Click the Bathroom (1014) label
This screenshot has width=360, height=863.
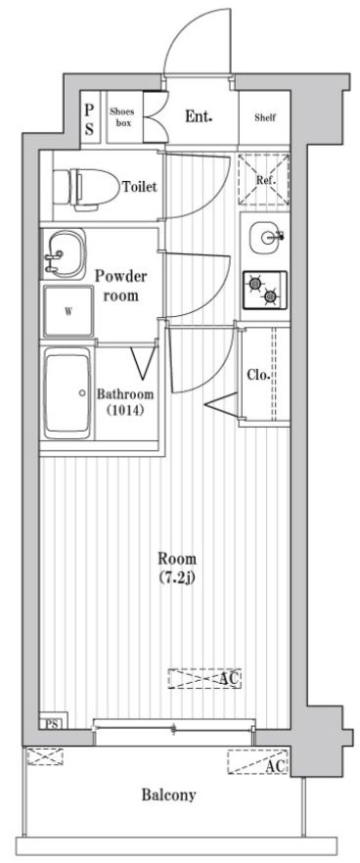tap(125, 402)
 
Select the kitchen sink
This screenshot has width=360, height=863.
tap(265, 236)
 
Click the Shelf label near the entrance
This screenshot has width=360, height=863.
tap(265, 117)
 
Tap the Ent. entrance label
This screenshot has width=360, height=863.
tap(200, 116)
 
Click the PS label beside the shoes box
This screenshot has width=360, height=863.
tap(89, 117)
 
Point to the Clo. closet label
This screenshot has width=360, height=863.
tap(258, 376)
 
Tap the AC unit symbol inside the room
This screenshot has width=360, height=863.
tap(204, 678)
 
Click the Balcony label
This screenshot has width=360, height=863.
tap(167, 795)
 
